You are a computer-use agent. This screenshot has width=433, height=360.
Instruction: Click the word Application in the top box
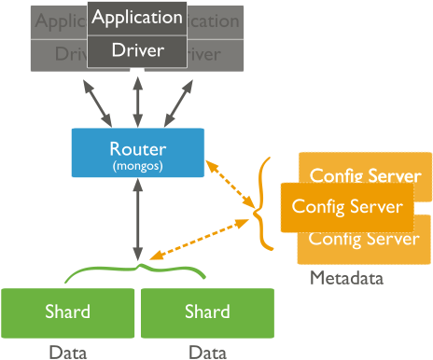tap(137, 18)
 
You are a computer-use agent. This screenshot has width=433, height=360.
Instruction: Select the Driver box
tap(137, 49)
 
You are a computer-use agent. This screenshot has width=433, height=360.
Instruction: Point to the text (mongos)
tap(138, 165)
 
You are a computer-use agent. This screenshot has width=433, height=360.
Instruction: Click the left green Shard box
tap(68, 312)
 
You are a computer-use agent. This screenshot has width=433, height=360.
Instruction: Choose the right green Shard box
tap(207, 312)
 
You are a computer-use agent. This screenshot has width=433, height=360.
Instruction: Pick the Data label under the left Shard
tap(68, 352)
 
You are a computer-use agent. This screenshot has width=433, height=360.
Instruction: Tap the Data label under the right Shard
tap(207, 352)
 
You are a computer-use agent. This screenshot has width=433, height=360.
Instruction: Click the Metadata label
tap(346, 278)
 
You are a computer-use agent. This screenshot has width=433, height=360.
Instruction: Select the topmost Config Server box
tap(365, 173)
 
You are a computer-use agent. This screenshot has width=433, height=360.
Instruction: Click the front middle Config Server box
tap(346, 206)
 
